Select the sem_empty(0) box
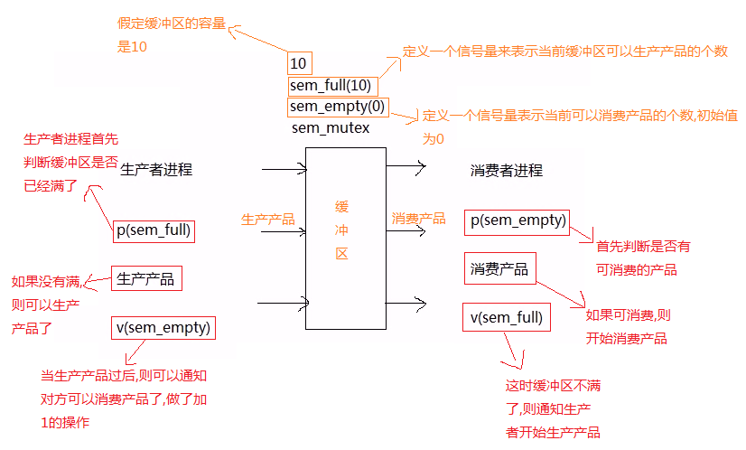(x=337, y=107)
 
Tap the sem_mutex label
(x=330, y=128)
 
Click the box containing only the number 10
(x=299, y=63)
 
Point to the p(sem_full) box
(x=154, y=230)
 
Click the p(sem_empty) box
(x=518, y=221)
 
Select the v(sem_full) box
(x=506, y=317)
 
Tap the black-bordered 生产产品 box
(x=145, y=278)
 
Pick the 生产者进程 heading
(x=156, y=169)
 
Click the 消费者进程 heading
(x=507, y=170)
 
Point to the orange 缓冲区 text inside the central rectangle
(x=341, y=230)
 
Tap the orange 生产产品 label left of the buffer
(x=268, y=219)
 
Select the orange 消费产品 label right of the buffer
(x=418, y=219)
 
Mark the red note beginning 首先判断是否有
(x=642, y=258)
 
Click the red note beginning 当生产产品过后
(x=124, y=398)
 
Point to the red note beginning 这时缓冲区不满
(x=553, y=408)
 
